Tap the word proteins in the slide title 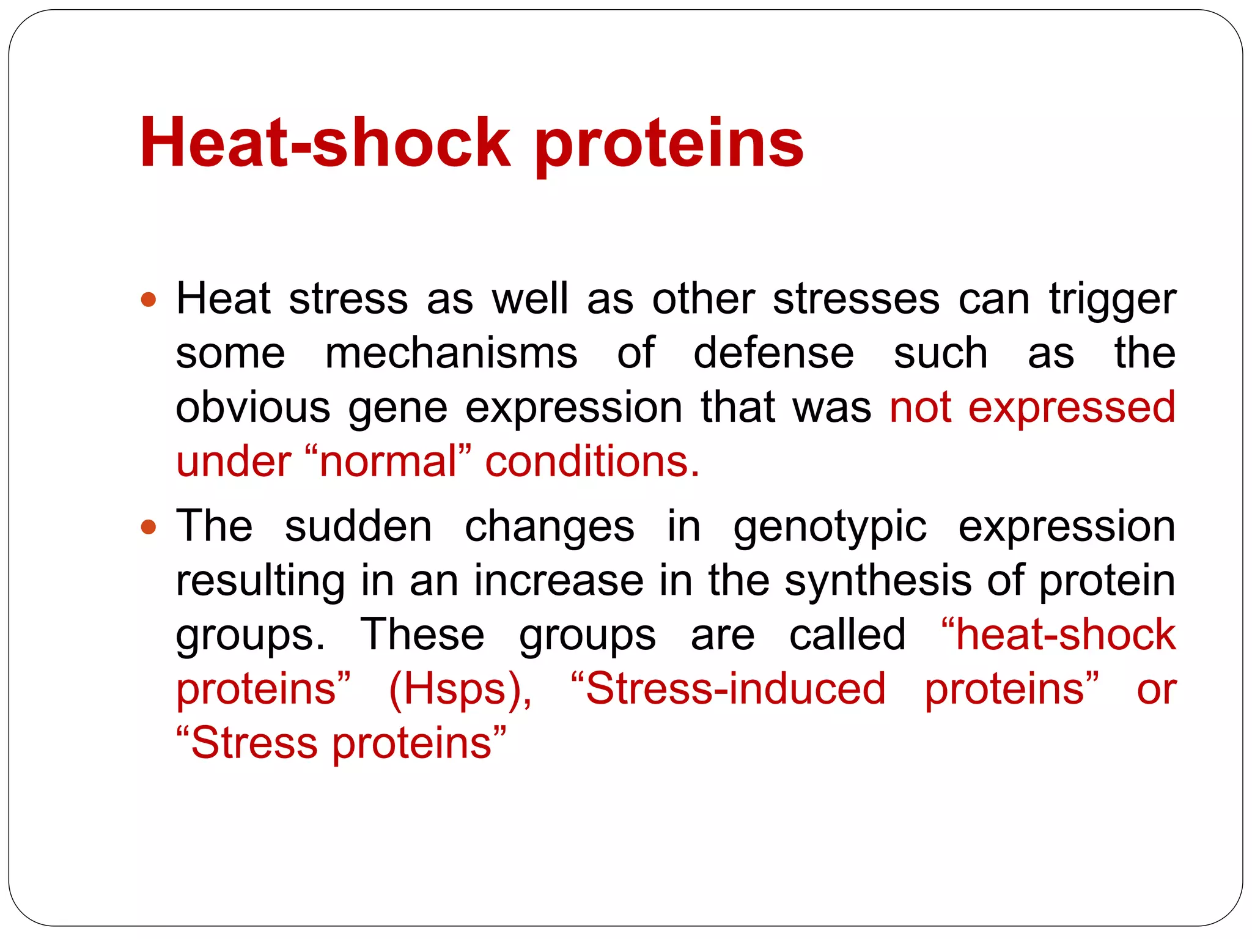coord(669,144)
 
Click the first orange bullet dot coord(149,300)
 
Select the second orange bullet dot coord(149,527)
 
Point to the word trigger coord(1113,301)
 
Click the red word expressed coord(1072,408)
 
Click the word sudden coord(358,526)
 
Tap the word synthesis coord(878,581)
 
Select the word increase coord(559,581)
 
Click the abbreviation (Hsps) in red coord(460,690)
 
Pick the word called coord(847,635)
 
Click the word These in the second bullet coord(422,635)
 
